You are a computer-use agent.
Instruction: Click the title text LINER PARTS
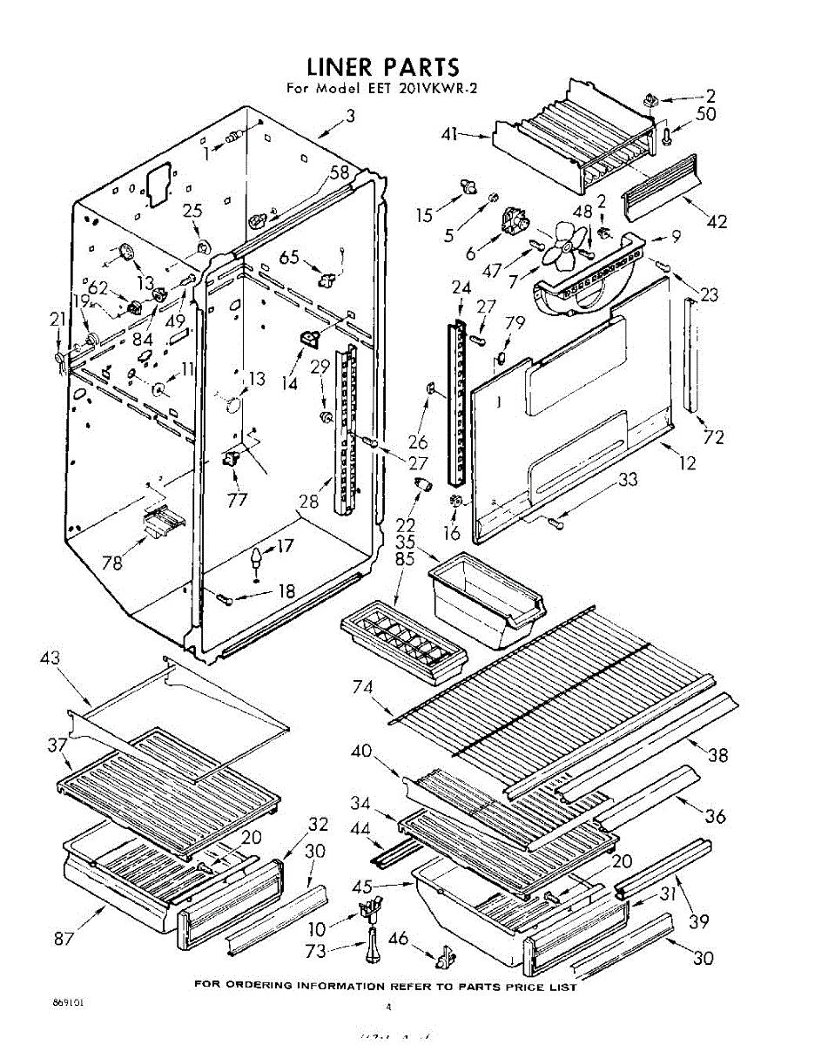pos(382,67)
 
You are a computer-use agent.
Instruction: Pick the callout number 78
pos(111,563)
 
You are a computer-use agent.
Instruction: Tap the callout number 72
pos(713,437)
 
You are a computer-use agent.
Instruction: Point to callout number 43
pos(50,659)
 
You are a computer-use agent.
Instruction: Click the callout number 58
pos(339,172)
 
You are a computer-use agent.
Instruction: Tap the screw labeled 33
pos(555,522)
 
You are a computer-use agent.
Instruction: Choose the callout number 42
pos(717,221)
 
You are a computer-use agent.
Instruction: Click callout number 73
pos(316,951)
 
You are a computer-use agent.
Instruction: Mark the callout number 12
pos(688,463)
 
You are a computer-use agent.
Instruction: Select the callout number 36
pos(716,816)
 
